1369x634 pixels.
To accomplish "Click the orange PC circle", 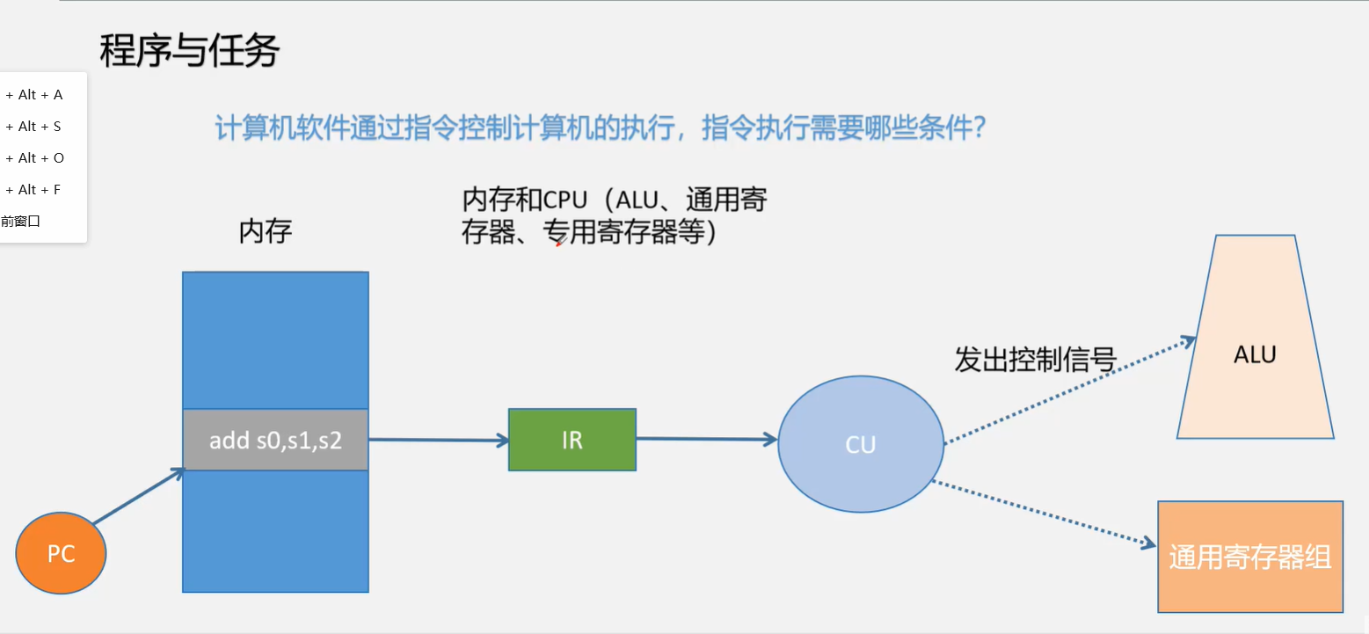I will point(61,554).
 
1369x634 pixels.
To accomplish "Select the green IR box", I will point(572,440).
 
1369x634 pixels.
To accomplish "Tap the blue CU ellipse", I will point(860,444).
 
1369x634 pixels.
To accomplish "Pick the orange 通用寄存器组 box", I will point(1249,557).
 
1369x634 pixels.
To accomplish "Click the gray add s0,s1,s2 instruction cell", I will point(275,440).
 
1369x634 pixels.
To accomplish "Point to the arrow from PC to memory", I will point(138,498).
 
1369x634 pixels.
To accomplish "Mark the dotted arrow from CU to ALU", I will point(1068,390).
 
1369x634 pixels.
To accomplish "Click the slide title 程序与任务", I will point(189,51).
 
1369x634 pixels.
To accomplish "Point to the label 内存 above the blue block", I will point(265,231).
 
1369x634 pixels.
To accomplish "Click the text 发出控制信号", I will point(1035,361).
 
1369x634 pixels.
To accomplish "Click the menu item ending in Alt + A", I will point(35,95).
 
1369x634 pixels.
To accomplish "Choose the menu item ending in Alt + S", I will point(35,127).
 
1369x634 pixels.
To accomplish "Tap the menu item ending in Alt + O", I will point(35,158).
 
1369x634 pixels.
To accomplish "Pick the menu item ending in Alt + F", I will point(35,190).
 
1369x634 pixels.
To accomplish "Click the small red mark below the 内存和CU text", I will point(558,244).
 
